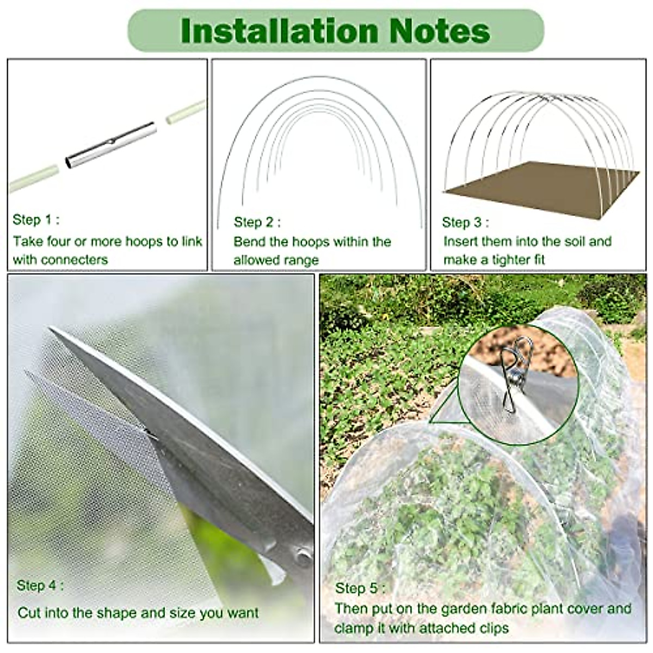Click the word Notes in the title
click(440, 31)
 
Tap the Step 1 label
click(36, 220)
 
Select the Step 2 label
click(257, 222)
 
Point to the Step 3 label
click(465, 222)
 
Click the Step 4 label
click(40, 586)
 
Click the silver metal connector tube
click(111, 145)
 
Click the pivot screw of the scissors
click(301, 555)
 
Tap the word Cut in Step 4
click(29, 613)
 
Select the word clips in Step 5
click(490, 628)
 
